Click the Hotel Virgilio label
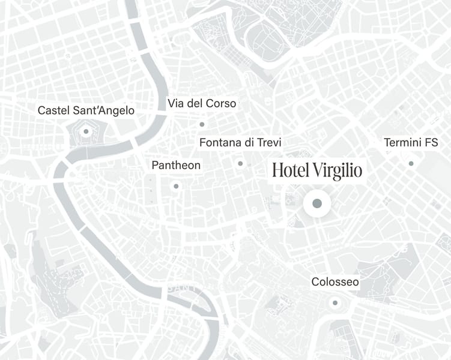[x=317, y=170]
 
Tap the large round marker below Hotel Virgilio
[x=317, y=204]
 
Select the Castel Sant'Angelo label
[x=86, y=110]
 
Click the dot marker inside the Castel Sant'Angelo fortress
[x=86, y=131]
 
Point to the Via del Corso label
[x=202, y=103]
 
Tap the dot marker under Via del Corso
[x=202, y=124]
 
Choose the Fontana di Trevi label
[x=240, y=143]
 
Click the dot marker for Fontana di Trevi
[x=240, y=163]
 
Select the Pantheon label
[x=176, y=165]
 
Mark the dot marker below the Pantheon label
[x=176, y=186]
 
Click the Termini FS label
[x=411, y=143]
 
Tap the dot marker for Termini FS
[x=411, y=163]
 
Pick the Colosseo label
[x=335, y=282]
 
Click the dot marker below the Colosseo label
[x=335, y=302]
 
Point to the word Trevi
[x=268, y=143]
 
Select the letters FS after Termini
[x=431, y=143]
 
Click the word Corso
[x=222, y=103]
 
